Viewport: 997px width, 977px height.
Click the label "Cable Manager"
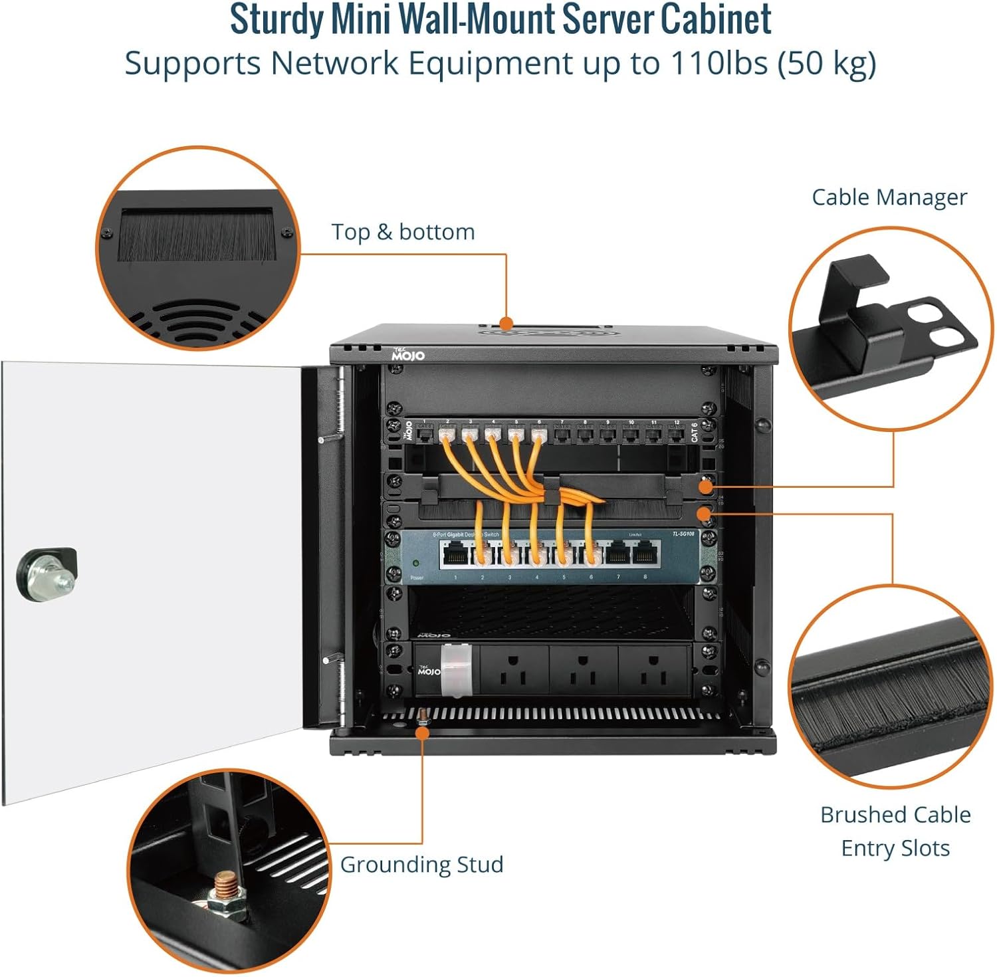point(889,197)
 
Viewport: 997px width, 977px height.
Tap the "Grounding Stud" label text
point(421,864)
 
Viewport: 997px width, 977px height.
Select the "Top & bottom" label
point(403,232)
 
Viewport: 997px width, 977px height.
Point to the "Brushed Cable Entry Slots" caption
point(895,831)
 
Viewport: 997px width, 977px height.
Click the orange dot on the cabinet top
point(506,324)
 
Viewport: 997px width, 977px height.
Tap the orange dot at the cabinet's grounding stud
point(422,731)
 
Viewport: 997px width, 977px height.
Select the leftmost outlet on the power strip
point(513,670)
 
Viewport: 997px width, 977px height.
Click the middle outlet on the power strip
point(583,670)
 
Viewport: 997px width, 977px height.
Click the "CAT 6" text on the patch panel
point(694,432)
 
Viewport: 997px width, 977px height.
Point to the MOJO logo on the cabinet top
point(407,354)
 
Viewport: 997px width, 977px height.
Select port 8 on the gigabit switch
point(644,552)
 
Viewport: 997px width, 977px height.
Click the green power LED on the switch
point(416,564)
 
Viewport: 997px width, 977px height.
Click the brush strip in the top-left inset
point(197,237)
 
